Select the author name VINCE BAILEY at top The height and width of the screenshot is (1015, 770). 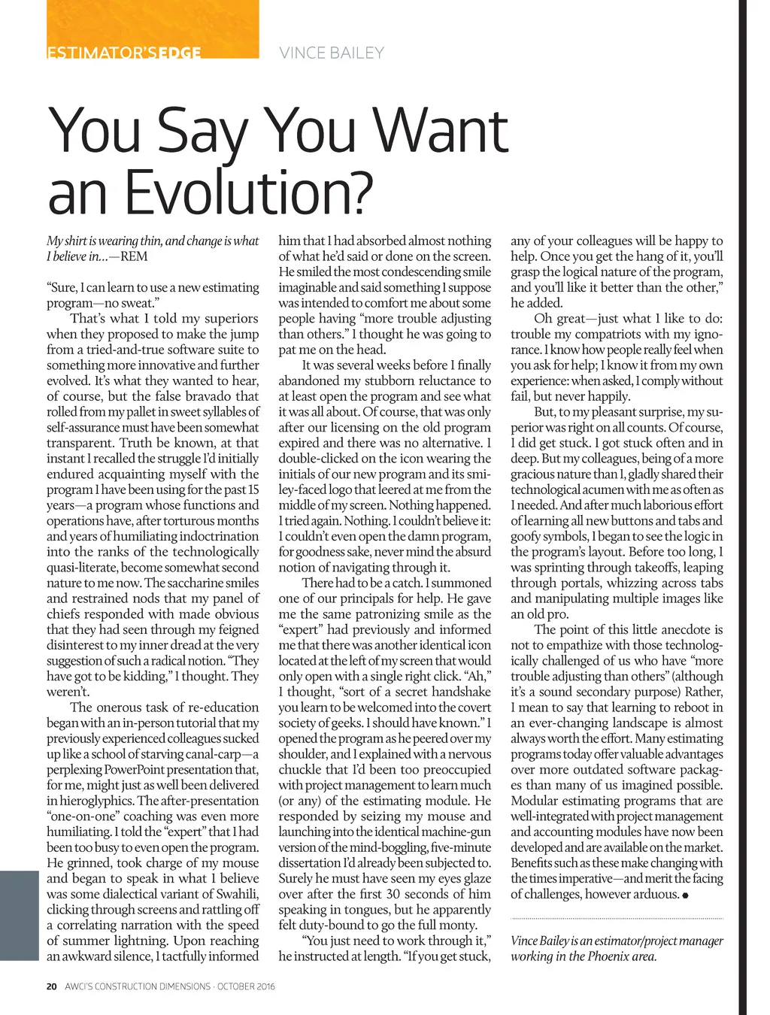332,53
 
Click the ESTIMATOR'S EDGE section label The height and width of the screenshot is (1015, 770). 124,53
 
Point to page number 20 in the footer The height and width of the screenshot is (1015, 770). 51,986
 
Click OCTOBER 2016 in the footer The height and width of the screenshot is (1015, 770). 246,986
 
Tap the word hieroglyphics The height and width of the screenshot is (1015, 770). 95,801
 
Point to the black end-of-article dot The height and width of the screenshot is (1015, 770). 686,895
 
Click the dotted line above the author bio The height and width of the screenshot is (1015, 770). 617,919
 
